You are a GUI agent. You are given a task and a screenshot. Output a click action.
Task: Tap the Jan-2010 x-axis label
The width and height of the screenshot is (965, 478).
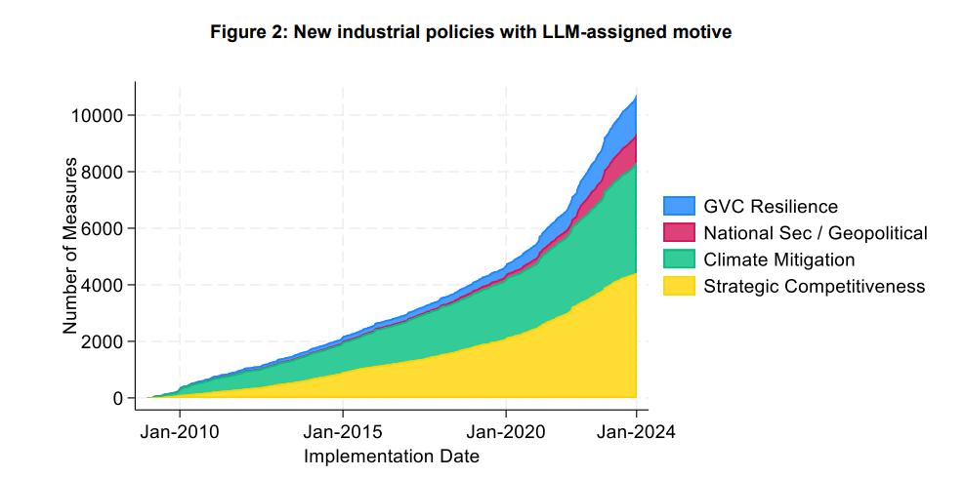pos(180,432)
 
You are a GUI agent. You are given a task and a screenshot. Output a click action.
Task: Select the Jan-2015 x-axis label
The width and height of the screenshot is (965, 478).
pos(343,432)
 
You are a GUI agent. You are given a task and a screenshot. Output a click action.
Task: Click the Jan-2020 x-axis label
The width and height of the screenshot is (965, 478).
pos(506,432)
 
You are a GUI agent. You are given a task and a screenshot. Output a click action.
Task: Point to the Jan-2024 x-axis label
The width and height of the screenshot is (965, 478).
pos(637,432)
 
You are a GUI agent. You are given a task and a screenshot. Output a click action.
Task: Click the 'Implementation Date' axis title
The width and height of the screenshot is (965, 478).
pos(392,457)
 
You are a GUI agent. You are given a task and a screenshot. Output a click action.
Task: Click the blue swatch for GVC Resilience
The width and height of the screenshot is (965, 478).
pos(679,206)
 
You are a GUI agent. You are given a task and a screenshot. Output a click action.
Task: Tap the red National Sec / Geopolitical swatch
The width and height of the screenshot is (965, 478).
pos(679,232)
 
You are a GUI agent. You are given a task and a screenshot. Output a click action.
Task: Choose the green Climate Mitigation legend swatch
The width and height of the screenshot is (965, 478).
pos(679,259)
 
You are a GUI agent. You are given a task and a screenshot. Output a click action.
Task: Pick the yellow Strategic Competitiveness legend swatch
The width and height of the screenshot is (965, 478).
pos(679,286)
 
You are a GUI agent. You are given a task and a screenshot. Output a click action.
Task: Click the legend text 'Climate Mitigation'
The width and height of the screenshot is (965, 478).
pos(779,259)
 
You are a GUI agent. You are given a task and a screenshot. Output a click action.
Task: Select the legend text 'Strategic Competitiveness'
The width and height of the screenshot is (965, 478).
pos(815,286)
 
